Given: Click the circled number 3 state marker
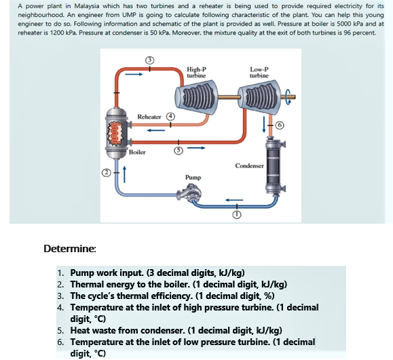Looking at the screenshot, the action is (149, 60).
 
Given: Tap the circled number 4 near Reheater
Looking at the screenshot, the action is (171, 117).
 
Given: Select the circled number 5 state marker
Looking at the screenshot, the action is (179, 151).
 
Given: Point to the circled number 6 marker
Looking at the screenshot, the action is (280, 125).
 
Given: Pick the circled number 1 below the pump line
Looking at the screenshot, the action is (237, 214).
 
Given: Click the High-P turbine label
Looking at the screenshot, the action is (197, 73).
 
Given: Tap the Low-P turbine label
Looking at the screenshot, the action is (259, 73).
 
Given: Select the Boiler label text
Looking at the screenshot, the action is (137, 153).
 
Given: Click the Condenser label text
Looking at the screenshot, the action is (249, 165).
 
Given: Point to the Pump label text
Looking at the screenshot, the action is (193, 178).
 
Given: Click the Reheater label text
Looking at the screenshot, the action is (149, 117).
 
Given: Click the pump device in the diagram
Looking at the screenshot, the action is (189, 193).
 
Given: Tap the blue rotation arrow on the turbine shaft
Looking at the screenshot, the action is (289, 97).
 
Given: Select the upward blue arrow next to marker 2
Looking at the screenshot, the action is (124, 174).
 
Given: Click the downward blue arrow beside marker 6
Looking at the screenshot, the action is (263, 125).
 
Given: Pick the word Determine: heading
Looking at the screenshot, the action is (70, 249).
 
